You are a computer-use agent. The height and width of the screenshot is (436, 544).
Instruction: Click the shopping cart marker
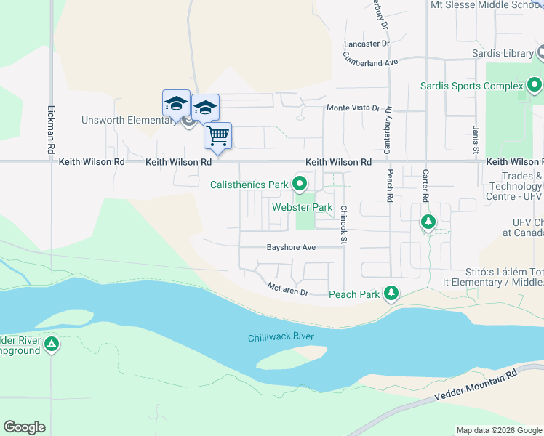pos(217,135)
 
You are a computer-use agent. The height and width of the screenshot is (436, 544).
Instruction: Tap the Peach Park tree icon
pos(392,293)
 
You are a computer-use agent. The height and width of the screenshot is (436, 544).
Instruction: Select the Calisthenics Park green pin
pos(299,184)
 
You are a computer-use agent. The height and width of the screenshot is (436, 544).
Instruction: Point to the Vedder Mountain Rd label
pos(475,384)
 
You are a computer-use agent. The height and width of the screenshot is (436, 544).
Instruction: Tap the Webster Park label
pos(302,208)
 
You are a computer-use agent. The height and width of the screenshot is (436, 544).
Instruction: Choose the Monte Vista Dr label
pos(353,108)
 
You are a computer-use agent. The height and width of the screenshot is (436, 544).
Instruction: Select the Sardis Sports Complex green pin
pos(535,85)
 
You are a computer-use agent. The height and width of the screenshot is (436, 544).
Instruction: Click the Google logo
pos(24,427)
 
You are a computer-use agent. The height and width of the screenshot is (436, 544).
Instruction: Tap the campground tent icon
pos(51,343)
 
